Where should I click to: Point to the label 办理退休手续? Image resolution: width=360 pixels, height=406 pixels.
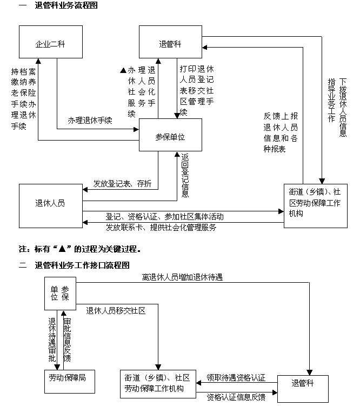(x=90, y=121)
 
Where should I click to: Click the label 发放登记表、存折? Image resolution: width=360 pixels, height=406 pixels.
(x=122, y=184)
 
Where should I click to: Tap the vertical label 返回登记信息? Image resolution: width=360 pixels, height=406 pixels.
(x=185, y=175)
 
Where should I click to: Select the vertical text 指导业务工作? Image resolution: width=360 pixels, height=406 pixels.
(x=331, y=101)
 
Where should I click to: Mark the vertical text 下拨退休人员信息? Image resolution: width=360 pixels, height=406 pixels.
(x=343, y=108)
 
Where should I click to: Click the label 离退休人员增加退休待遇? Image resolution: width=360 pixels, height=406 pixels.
(x=183, y=277)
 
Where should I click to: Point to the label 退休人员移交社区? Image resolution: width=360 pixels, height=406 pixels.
(x=116, y=310)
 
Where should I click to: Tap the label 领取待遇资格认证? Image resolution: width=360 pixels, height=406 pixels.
(x=236, y=378)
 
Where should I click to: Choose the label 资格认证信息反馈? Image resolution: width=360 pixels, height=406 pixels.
(x=236, y=397)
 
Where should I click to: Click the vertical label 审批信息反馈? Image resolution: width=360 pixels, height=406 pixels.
(x=67, y=340)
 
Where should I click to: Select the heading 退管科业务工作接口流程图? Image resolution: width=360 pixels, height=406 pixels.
(x=82, y=265)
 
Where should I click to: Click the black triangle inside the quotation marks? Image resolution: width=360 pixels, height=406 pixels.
(x=62, y=249)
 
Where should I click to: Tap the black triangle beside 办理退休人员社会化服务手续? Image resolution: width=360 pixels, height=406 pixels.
(x=123, y=70)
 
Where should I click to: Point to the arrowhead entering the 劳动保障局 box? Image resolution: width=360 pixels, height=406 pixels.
(x=57, y=367)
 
